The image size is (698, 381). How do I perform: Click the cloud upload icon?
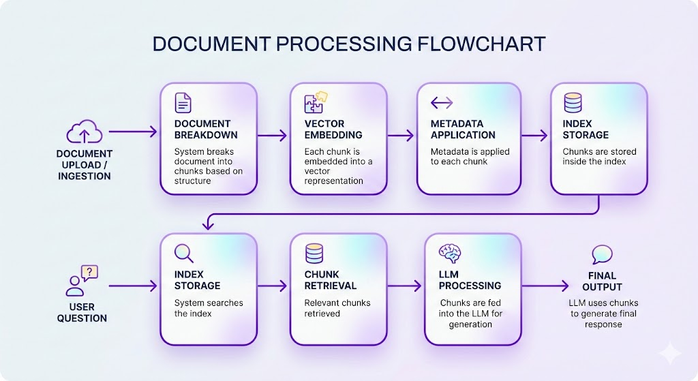coord(84,132)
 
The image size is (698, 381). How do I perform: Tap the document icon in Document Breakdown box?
coord(183,103)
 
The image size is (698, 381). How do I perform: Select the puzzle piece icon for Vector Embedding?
coord(315,103)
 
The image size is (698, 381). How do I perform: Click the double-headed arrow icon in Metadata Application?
coord(442,103)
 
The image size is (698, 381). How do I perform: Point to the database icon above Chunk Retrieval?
coord(314,253)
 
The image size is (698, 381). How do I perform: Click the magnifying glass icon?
coord(184,254)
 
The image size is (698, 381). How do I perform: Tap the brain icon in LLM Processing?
coord(450,253)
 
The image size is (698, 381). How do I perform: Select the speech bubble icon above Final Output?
coord(602,255)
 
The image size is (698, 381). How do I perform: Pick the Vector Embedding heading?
coord(333,129)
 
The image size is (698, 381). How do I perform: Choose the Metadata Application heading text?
coord(463,129)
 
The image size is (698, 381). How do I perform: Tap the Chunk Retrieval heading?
coord(331,280)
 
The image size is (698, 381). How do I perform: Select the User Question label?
coord(82,313)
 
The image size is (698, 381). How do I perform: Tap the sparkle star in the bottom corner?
coord(669,354)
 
